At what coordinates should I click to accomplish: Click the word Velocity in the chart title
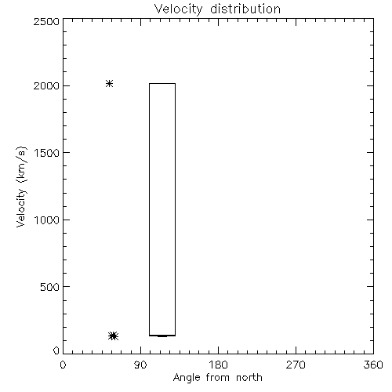click(x=178, y=9)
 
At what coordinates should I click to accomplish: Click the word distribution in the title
click(x=245, y=9)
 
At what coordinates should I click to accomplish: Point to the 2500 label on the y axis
click(x=46, y=21)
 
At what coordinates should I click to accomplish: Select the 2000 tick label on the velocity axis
click(x=46, y=85)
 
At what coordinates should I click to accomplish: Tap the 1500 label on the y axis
click(x=47, y=153)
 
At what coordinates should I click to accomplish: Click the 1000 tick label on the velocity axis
click(x=47, y=220)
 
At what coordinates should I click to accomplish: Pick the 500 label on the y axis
click(x=50, y=287)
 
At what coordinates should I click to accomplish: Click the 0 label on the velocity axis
click(x=56, y=350)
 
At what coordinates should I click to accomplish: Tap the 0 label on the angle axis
click(x=63, y=365)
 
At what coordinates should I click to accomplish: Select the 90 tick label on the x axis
click(x=140, y=365)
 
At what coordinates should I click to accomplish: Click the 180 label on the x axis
click(x=218, y=365)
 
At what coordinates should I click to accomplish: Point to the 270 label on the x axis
click(x=296, y=365)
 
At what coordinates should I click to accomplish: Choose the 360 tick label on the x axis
click(x=373, y=365)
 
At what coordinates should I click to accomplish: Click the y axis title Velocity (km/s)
click(x=21, y=187)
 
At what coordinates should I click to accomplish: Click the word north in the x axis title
click(x=249, y=378)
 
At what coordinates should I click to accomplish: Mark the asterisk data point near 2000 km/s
click(x=109, y=84)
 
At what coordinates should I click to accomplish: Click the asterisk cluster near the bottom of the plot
click(x=113, y=336)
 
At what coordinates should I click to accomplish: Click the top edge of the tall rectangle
click(x=162, y=84)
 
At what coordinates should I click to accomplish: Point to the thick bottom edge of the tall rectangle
click(x=162, y=336)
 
